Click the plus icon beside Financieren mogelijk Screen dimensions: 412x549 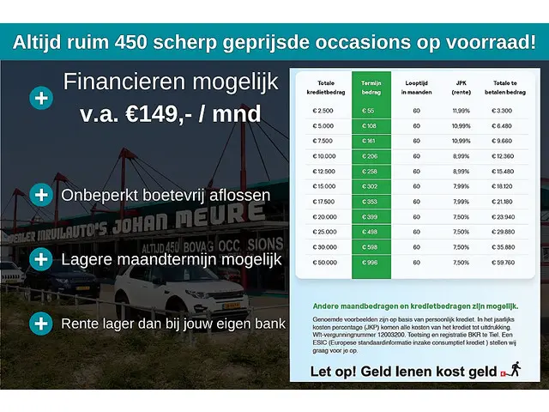point(40,98)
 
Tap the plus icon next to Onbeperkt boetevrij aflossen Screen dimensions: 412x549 point(40,195)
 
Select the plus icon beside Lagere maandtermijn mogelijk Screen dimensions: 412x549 point(40,258)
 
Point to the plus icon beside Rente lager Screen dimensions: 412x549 point(40,324)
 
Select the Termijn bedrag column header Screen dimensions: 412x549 point(371,87)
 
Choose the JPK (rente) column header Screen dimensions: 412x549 point(461,87)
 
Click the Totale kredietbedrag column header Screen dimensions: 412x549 point(323,87)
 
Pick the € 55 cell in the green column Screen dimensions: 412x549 point(369,111)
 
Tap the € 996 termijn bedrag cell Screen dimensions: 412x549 point(371,262)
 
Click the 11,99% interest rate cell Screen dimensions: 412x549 point(461,111)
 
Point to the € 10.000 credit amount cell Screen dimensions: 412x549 point(324,155)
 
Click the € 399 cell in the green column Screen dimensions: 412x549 point(371,216)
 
